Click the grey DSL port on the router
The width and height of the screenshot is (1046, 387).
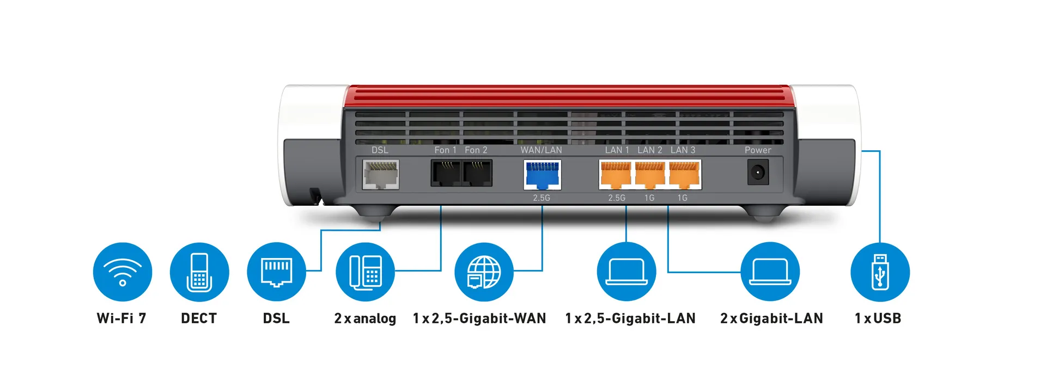(x=380, y=174)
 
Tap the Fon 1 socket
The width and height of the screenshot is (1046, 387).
(x=446, y=173)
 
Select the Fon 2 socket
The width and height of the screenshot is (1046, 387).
(x=477, y=173)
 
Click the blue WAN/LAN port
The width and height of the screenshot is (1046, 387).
(x=542, y=175)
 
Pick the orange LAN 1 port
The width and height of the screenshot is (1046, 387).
(x=616, y=174)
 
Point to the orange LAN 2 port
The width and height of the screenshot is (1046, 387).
(x=650, y=174)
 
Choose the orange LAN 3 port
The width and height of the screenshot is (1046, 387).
(x=684, y=174)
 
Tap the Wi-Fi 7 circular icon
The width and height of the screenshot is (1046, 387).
(x=123, y=272)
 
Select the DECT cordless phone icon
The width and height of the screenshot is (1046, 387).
(x=199, y=272)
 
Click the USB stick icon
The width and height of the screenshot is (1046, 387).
(x=880, y=272)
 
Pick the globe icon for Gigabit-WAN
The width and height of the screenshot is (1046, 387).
(x=484, y=272)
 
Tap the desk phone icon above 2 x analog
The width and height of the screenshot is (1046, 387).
(x=365, y=272)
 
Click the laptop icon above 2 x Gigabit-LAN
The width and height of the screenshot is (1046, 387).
(x=770, y=272)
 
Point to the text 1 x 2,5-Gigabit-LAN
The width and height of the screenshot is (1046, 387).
(x=630, y=318)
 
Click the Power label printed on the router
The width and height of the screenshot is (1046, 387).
(x=758, y=150)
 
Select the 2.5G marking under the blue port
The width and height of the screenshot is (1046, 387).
(x=542, y=198)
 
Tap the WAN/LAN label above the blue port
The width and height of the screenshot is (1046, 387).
(x=541, y=150)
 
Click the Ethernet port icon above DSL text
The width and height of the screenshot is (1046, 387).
(x=276, y=272)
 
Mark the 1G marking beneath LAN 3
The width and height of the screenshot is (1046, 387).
(x=682, y=198)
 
